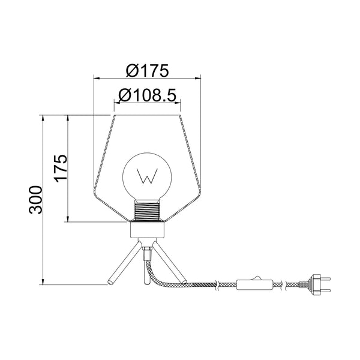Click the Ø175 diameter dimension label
point(146,70)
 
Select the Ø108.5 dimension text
point(146,95)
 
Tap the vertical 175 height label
point(58,169)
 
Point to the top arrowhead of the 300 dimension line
point(44,118)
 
